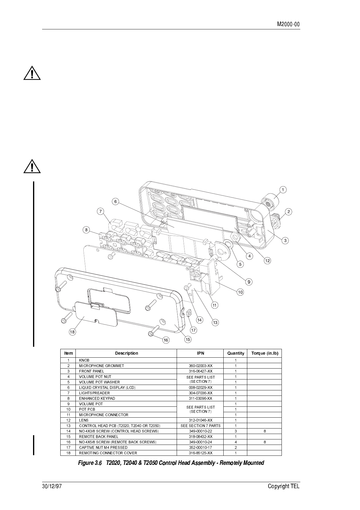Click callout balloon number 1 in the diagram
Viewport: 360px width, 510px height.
click(283, 190)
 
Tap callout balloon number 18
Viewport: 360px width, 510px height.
click(72, 332)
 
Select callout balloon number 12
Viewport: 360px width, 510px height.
click(267, 260)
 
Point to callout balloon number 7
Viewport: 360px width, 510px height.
click(101, 211)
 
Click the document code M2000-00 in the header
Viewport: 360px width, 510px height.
click(288, 24)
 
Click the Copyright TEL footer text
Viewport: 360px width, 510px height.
click(283, 486)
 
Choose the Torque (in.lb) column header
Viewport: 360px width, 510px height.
click(265, 353)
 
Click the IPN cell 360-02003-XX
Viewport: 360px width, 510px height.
click(200, 366)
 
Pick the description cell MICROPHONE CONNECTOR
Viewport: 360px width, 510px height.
click(104, 415)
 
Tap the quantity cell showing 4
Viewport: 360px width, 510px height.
click(235, 442)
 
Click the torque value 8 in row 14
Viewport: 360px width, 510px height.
click(265, 431)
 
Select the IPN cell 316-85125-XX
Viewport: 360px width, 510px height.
click(200, 453)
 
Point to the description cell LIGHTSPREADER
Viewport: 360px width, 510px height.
click(94, 393)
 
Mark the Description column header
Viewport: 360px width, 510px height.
click(126, 353)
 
